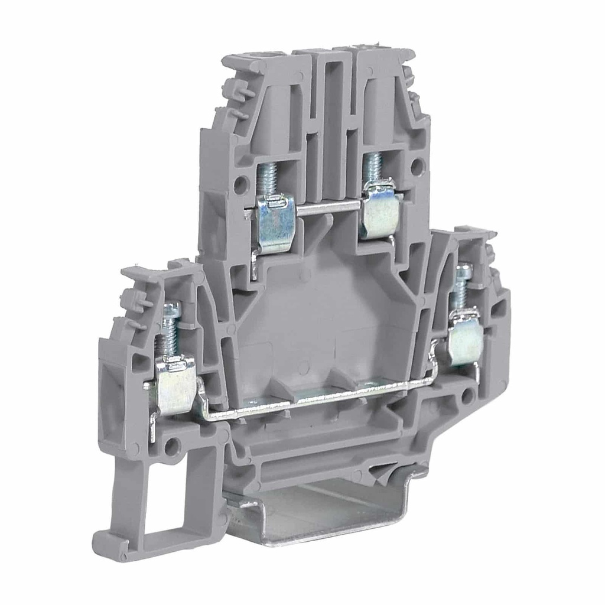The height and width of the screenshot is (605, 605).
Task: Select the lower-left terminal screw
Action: (171, 331)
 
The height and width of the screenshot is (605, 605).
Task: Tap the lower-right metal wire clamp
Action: (466, 343)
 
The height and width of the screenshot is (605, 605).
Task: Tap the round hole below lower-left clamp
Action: (172, 447)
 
